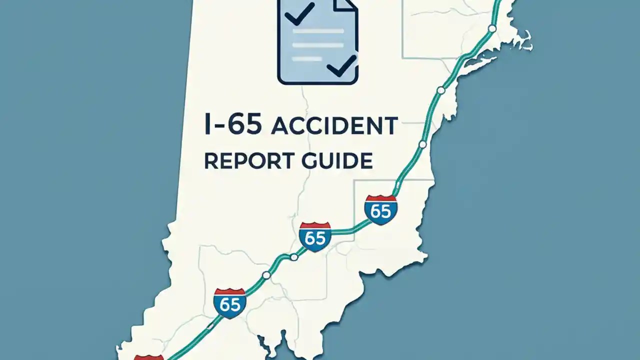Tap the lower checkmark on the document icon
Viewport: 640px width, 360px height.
point(341,65)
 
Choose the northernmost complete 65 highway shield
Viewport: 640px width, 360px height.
point(381,209)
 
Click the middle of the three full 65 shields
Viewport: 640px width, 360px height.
point(315,236)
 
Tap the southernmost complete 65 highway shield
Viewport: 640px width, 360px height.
point(229,302)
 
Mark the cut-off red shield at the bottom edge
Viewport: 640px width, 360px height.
point(149,357)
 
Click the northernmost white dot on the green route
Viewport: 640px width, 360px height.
point(492,28)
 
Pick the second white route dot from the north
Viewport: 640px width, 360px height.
point(440,90)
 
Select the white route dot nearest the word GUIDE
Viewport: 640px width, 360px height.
point(422,144)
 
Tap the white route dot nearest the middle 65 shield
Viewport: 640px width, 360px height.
point(294,257)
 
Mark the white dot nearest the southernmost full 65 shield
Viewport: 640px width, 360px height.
point(266,275)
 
